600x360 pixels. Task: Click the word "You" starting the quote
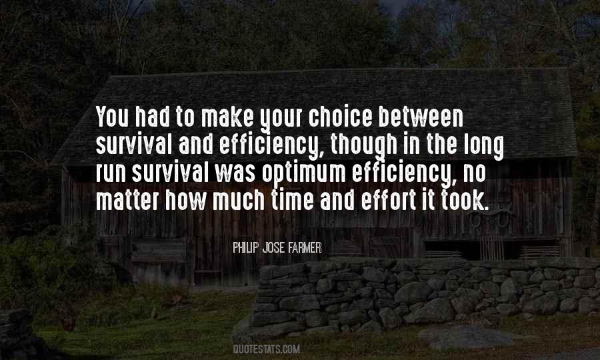click(112, 117)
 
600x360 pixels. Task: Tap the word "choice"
click(340, 117)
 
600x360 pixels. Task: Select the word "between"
click(421, 117)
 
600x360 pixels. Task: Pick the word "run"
click(111, 173)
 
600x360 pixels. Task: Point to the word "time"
click(293, 200)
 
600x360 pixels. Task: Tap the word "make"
click(227, 117)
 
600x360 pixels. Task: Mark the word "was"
click(235, 173)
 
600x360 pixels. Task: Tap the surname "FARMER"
click(305, 248)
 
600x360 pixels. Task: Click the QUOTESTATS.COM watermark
click(266, 349)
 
